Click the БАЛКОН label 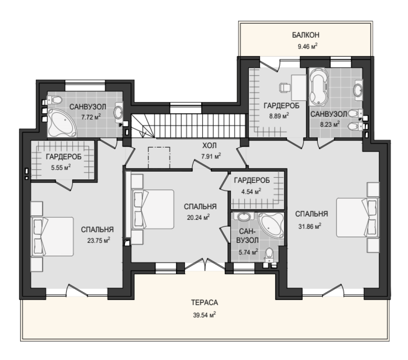(x=305, y=35)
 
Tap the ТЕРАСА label (x=205, y=303)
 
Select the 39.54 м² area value (x=205, y=315)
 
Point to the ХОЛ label (x=210, y=145)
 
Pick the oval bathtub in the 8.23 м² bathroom (x=319, y=86)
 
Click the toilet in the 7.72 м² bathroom (x=54, y=100)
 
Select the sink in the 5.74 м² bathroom (x=244, y=217)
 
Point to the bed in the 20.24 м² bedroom (x=153, y=209)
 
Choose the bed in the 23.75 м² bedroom (x=52, y=236)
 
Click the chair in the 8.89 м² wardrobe (x=285, y=87)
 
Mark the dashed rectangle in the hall (x=159, y=157)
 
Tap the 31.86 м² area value (x=310, y=226)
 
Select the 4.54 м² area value (x=251, y=192)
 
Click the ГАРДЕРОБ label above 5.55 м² (x=64, y=157)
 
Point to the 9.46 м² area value (x=308, y=47)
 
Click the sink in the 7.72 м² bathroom (x=119, y=112)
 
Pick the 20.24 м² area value (x=198, y=217)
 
